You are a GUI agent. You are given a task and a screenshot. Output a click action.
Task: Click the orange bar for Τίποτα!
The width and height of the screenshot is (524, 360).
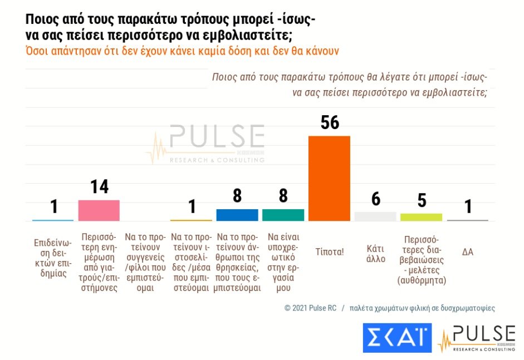pyautogui.click(x=329, y=178)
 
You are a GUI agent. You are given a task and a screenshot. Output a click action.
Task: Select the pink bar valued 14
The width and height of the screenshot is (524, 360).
pyautogui.click(x=99, y=210)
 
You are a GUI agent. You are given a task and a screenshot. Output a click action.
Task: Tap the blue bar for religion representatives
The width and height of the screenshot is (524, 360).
pyautogui.click(x=237, y=215)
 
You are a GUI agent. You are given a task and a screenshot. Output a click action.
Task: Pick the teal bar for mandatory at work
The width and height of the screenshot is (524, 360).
pyautogui.click(x=283, y=215)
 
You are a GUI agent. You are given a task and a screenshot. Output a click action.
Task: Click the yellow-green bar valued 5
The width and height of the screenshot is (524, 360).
pyautogui.click(x=422, y=217)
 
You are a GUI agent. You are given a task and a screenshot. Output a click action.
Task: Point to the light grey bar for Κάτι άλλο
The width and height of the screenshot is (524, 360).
pyautogui.click(x=375, y=216)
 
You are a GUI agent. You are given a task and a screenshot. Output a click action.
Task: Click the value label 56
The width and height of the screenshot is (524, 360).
pyautogui.click(x=330, y=122)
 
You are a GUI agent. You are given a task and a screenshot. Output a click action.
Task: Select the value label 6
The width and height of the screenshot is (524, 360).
pyautogui.click(x=376, y=199)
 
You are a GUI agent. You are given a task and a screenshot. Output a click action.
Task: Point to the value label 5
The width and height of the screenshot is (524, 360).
pyautogui.click(x=422, y=200)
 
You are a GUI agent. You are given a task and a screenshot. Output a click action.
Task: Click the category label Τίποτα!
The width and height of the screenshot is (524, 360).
pyautogui.click(x=330, y=251)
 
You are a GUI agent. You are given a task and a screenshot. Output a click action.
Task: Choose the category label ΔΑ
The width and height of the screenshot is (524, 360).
pyautogui.click(x=468, y=251)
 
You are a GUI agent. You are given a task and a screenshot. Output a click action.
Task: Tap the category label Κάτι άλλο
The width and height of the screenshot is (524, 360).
pyautogui.click(x=376, y=254)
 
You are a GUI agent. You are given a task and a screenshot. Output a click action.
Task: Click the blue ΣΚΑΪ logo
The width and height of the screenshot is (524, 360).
pyautogui.click(x=397, y=337)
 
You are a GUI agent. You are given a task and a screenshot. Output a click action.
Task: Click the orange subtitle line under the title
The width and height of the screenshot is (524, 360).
pyautogui.click(x=183, y=50)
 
